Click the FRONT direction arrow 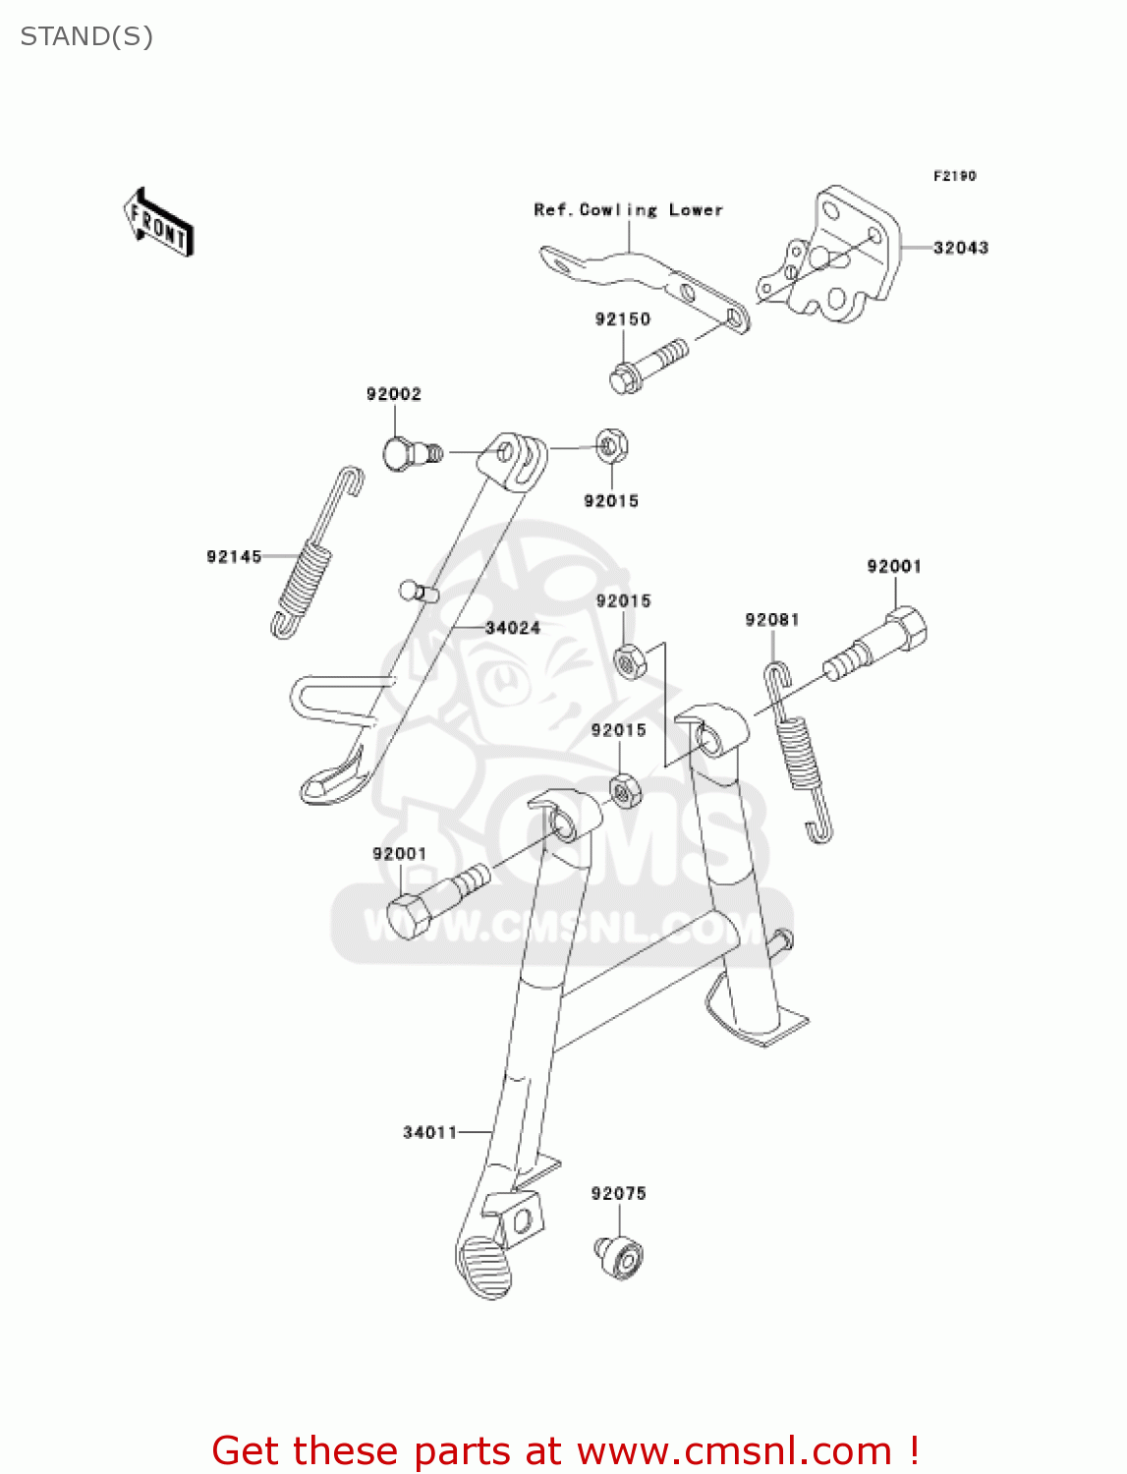(x=158, y=223)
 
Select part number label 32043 (x=960, y=248)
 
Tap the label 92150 (x=622, y=319)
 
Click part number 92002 (x=393, y=394)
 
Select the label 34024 (x=512, y=628)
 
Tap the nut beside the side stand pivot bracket (x=611, y=447)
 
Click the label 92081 (x=771, y=620)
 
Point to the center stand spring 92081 (x=800, y=752)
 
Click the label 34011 (x=429, y=1133)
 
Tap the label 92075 (x=618, y=1194)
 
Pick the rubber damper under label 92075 (x=620, y=1257)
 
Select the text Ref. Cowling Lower (x=628, y=210)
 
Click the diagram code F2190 (x=954, y=176)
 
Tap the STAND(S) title (x=86, y=36)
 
